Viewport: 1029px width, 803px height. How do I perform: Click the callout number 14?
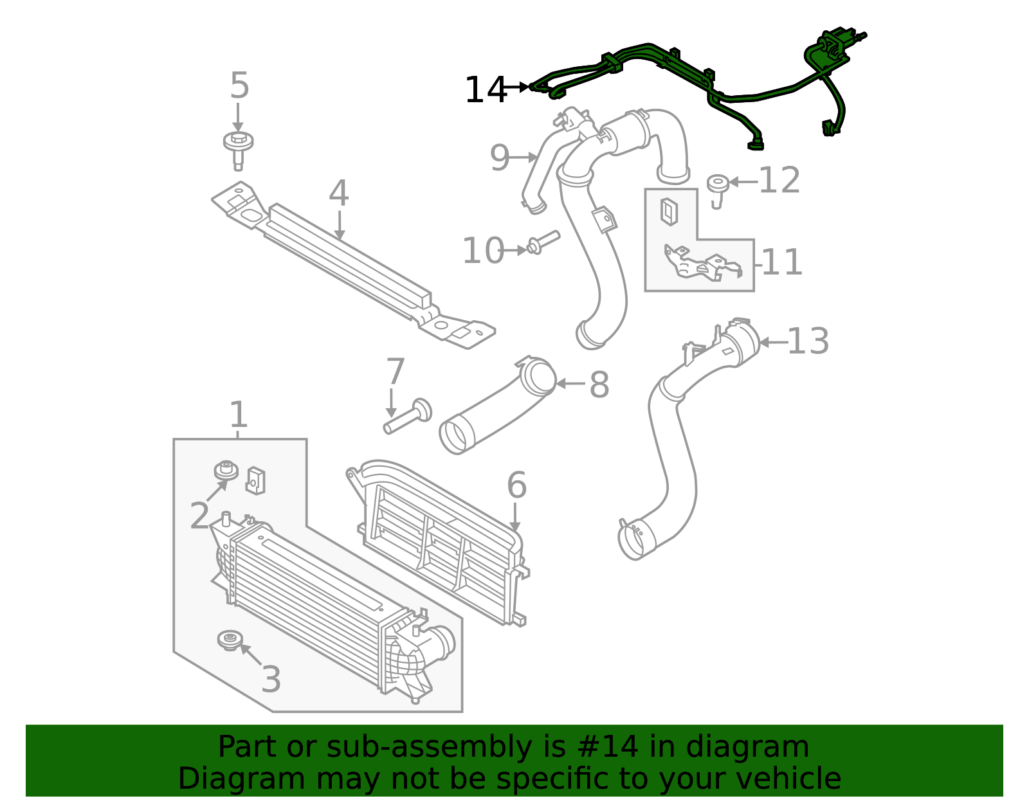[x=486, y=90]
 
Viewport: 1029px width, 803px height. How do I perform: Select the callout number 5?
[x=239, y=86]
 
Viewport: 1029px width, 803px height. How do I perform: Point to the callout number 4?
[x=339, y=194]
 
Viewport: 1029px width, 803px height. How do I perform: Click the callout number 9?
[x=499, y=158]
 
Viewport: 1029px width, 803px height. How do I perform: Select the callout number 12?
[x=779, y=181]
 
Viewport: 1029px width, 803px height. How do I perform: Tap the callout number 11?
[x=782, y=262]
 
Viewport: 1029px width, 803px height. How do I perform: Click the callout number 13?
[x=808, y=341]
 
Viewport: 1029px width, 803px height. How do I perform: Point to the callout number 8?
[x=599, y=385]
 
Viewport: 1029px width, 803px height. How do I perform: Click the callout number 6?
[x=516, y=485]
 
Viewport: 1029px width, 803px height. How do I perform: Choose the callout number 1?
[x=239, y=415]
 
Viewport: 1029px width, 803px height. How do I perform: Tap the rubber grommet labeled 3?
[x=230, y=640]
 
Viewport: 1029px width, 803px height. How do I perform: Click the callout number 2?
[x=200, y=516]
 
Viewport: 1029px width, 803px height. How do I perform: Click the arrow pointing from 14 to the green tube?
[x=517, y=86]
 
